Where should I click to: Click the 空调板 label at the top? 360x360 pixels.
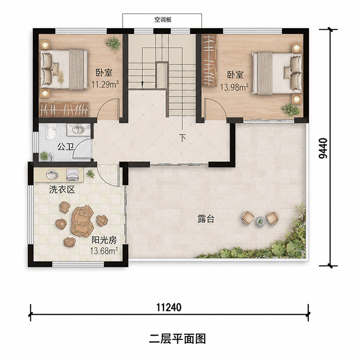click(163, 20)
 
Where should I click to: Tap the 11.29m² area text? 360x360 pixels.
click(105, 84)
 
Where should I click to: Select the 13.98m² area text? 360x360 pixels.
click(234, 87)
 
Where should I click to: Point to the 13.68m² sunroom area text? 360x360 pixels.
click(104, 251)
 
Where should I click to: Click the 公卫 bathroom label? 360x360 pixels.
click(65, 147)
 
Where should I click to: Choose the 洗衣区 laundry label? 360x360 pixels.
click(62, 189)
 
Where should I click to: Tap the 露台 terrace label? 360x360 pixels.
click(206, 219)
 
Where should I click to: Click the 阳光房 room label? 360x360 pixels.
click(104, 240)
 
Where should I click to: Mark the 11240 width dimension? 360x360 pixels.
click(169, 307)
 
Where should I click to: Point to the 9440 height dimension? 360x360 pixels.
click(323, 148)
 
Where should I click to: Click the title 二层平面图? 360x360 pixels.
click(177, 339)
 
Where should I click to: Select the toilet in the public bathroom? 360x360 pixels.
click(50, 131)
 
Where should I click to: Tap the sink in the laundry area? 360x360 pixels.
click(53, 175)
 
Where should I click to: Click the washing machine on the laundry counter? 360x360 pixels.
click(72, 175)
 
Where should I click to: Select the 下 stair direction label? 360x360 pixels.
click(183, 138)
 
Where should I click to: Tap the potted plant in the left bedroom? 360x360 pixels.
click(114, 43)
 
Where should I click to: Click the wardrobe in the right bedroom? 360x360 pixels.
click(209, 61)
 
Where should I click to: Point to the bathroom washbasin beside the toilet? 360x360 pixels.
click(79, 129)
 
